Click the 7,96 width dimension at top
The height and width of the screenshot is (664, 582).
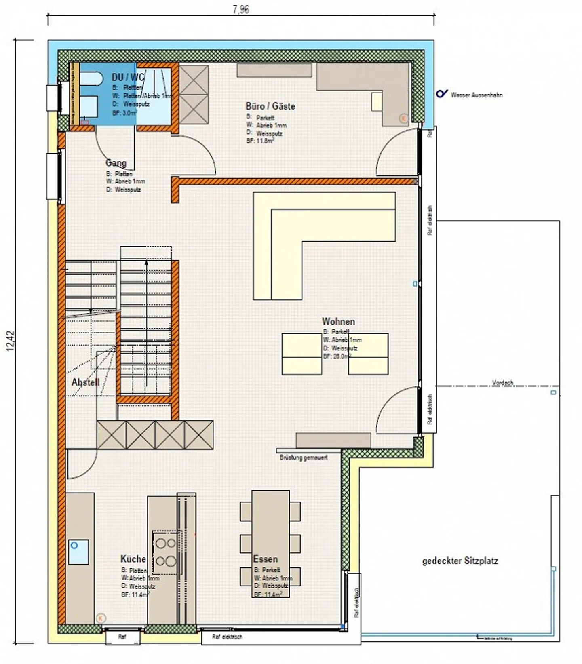[x=241, y=9]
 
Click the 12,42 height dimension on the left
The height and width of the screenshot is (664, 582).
[x=11, y=341]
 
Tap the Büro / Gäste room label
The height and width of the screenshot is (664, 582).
[x=270, y=106]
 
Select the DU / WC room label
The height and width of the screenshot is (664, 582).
[x=127, y=77]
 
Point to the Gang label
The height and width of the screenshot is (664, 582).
[x=116, y=163]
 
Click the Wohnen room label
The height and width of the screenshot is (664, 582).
[x=338, y=322]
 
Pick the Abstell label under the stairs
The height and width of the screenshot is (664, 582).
[x=85, y=382]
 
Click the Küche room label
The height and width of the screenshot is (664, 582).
[x=133, y=559]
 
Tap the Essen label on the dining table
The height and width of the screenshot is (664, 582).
[x=265, y=559]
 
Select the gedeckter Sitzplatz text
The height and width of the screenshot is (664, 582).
[x=460, y=561]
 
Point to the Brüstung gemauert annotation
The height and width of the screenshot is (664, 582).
[x=304, y=458]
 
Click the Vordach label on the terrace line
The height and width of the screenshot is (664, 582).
[x=503, y=382]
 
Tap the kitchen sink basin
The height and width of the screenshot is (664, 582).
[x=78, y=552]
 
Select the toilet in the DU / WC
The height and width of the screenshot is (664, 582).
[x=90, y=78]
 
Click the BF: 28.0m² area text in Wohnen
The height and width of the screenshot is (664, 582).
[x=337, y=356]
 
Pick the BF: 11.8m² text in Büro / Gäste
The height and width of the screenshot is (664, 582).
[x=260, y=141]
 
